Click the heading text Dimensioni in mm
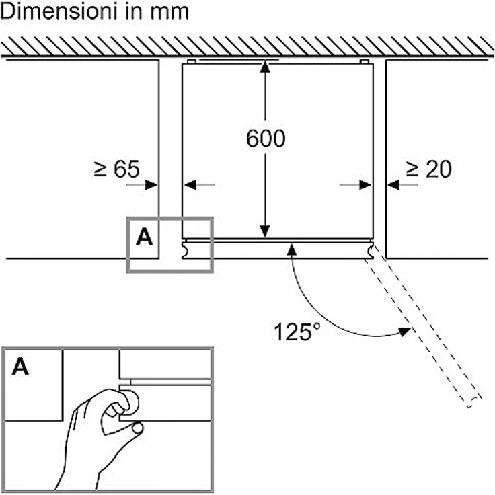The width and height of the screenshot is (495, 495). pos(95,11)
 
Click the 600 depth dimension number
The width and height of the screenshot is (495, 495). pos(266,139)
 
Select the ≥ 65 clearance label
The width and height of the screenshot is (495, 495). pos(117,169)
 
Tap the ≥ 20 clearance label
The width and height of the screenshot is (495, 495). pos(428,169)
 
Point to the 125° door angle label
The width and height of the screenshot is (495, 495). pos(297,332)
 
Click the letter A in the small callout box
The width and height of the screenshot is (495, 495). pos(145,237)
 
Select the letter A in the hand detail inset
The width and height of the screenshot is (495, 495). pos(20,366)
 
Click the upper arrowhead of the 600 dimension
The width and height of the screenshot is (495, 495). pos(265,67)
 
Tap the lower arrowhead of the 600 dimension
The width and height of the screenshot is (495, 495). pos(265,231)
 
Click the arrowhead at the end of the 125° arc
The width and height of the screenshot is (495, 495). pos(405,332)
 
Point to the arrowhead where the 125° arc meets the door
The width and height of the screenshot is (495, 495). pos(292,250)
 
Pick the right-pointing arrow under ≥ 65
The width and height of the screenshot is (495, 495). pos(141,185)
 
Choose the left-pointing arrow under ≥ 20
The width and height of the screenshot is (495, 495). pos(402,185)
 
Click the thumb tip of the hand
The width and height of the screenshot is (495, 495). pos(138,428)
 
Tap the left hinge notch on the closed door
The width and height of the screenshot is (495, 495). pos(186,250)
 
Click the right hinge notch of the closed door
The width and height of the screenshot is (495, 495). pos(370,250)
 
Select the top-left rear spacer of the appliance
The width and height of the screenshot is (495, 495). pos(192,62)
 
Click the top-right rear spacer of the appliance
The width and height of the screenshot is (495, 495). pos(365,62)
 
